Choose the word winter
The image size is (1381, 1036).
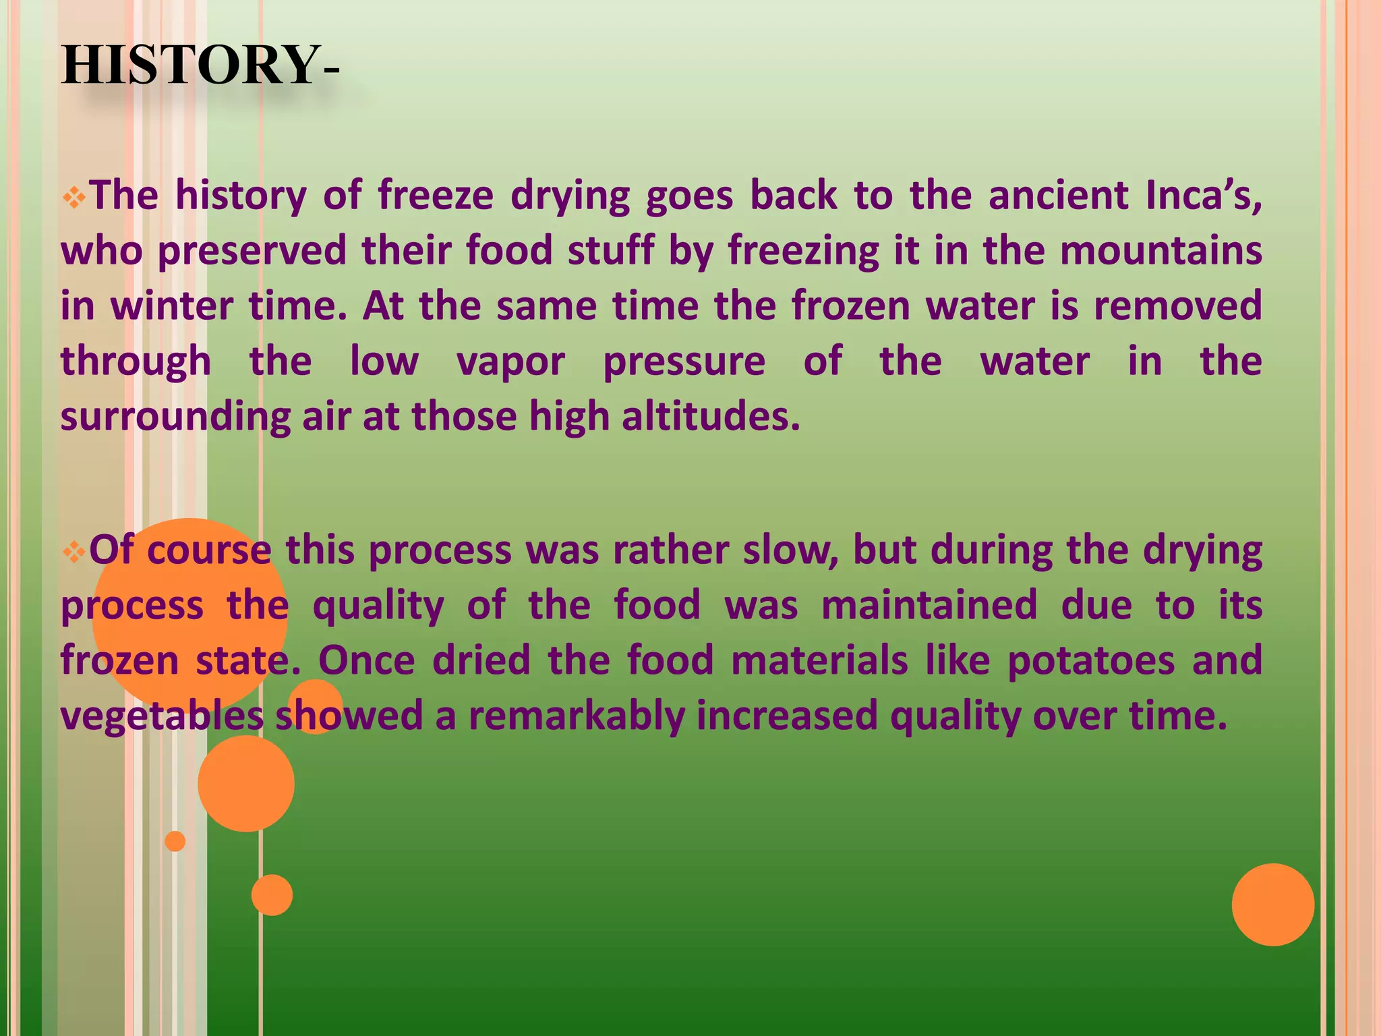(x=171, y=306)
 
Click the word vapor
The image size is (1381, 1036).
(x=510, y=362)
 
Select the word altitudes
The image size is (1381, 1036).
(x=711, y=417)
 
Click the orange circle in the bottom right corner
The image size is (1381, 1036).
(x=1272, y=904)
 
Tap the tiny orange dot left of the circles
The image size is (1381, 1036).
(x=175, y=841)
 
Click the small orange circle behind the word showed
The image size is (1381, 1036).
(x=315, y=706)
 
